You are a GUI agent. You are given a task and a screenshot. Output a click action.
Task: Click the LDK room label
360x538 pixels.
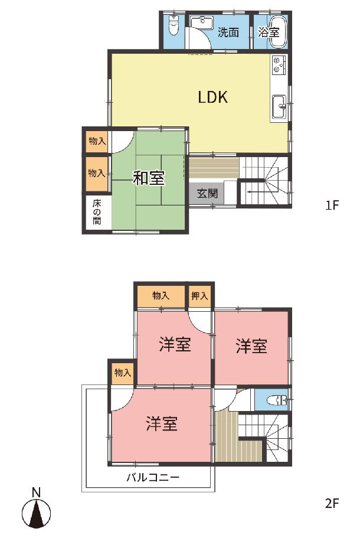(x=212, y=97)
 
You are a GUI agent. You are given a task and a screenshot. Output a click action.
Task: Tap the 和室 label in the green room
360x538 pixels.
(x=149, y=178)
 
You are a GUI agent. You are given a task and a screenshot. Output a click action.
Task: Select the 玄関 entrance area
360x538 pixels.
(x=207, y=194)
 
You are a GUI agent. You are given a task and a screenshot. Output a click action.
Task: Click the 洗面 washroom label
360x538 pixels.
(x=228, y=32)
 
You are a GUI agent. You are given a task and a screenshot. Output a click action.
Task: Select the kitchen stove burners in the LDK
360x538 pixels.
(x=279, y=64)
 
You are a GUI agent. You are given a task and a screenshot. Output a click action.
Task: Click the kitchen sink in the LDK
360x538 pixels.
(x=279, y=106)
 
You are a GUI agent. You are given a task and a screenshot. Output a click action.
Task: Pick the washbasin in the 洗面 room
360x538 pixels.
(x=202, y=22)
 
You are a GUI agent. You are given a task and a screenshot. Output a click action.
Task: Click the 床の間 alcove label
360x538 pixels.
(x=97, y=211)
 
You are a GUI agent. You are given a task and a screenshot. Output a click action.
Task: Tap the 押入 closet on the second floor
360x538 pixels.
(x=199, y=295)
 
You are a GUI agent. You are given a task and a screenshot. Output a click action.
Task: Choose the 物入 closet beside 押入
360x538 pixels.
(x=161, y=295)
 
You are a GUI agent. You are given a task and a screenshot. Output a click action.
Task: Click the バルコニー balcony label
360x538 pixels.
(x=153, y=477)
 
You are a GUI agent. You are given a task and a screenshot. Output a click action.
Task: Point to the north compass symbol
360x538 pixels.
(x=37, y=514)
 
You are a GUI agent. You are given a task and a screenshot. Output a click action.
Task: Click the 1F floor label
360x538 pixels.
(x=332, y=205)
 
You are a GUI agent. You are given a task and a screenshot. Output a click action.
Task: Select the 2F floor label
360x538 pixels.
(x=332, y=503)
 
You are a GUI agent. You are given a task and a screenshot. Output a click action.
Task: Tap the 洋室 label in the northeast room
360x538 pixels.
(x=251, y=346)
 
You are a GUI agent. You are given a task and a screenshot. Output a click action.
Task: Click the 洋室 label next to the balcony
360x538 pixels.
(x=162, y=424)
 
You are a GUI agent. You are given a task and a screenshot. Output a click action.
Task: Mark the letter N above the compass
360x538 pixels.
(x=36, y=493)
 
